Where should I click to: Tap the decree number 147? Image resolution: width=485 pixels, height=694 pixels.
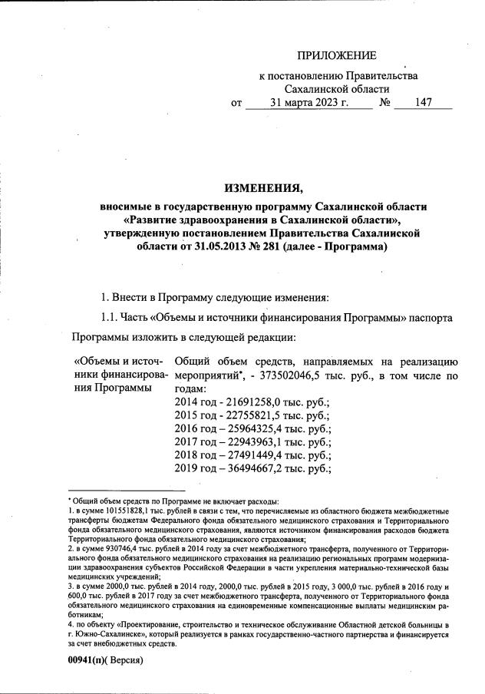[422, 104]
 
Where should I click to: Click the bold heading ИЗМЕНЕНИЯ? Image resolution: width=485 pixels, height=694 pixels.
[263, 188]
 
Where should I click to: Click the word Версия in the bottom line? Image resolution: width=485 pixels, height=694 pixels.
[125, 659]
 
